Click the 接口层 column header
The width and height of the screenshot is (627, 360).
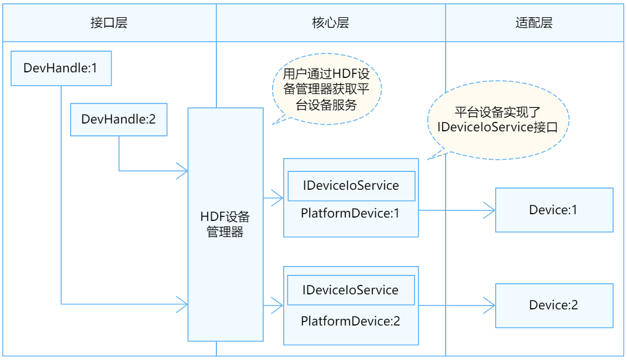click(x=109, y=23)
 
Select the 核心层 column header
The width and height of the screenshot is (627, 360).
click(x=330, y=23)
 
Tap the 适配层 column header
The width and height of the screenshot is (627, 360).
click(x=534, y=23)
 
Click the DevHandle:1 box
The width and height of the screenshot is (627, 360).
click(x=61, y=68)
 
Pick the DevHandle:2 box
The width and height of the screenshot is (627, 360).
click(x=119, y=119)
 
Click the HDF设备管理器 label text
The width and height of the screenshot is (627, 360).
click(x=225, y=224)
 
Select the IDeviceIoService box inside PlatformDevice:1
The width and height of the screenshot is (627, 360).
click(x=351, y=186)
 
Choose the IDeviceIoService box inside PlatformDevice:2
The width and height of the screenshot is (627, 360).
click(x=350, y=290)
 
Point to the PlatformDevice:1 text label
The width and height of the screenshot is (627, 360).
click(x=350, y=213)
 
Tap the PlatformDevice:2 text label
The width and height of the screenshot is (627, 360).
click(x=350, y=321)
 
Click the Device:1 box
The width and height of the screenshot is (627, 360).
click(x=554, y=210)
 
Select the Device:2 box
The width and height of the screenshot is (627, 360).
click(x=554, y=305)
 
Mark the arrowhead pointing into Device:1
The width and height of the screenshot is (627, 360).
click(x=490, y=210)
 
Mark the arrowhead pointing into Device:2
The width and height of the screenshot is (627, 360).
click(x=490, y=304)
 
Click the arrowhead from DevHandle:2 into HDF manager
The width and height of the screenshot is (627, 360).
click(x=182, y=171)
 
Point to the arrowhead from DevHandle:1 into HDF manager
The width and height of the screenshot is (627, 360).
click(x=182, y=304)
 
